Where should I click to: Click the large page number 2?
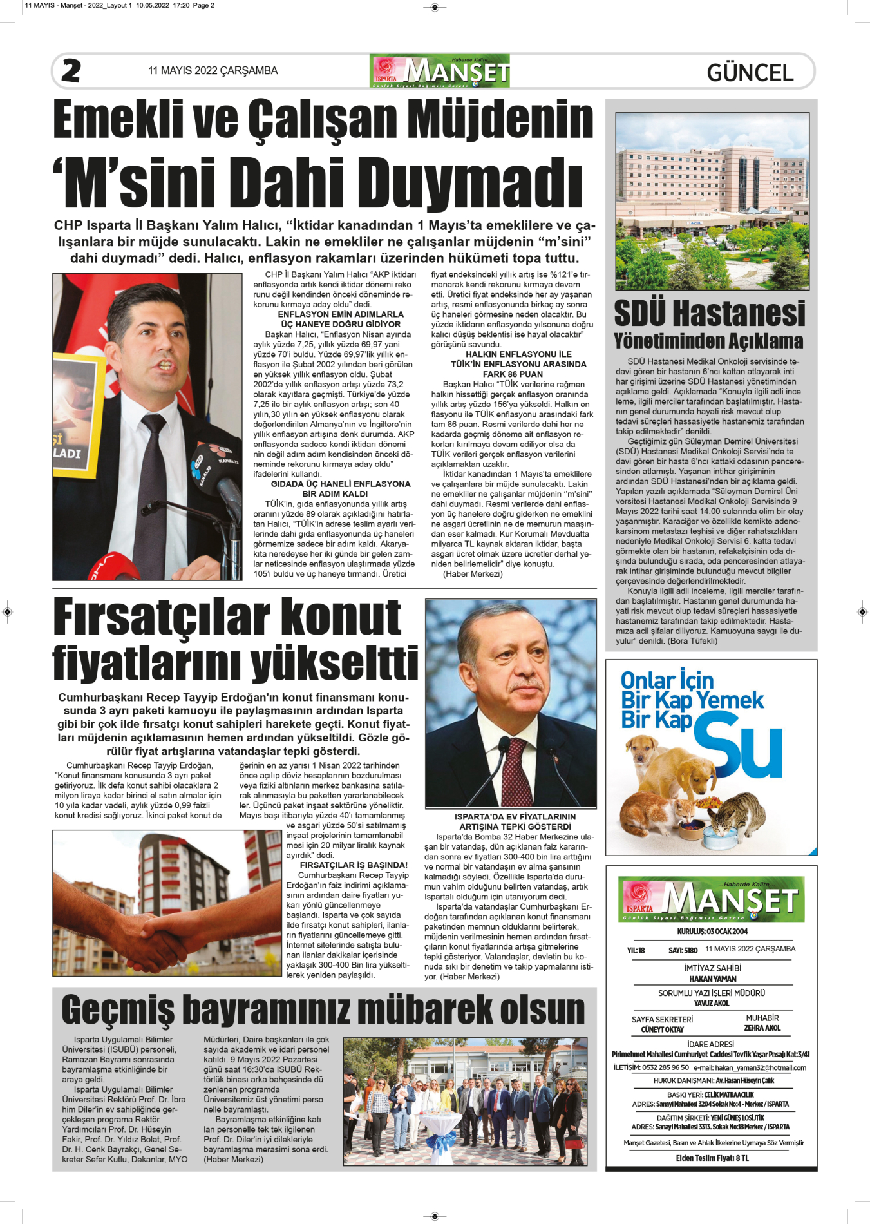tap(71, 71)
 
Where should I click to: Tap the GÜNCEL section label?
tap(750, 73)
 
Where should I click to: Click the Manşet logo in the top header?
tap(440, 72)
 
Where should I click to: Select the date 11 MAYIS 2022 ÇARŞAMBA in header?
tap(213, 71)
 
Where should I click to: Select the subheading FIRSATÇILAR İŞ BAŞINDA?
tap(354, 865)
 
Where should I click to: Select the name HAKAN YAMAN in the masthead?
tap(712, 979)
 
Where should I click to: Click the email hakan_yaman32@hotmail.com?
tap(750, 1068)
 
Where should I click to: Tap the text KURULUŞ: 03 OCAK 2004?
tap(712, 932)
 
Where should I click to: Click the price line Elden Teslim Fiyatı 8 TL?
tap(712, 1158)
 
